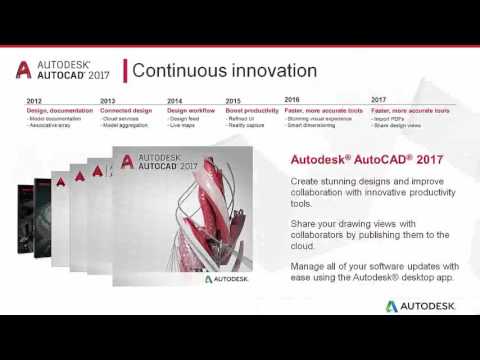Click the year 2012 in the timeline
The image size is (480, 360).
coord(34,101)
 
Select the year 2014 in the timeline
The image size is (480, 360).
coord(175,101)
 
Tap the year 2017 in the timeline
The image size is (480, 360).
coord(378,100)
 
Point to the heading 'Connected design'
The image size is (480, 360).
coord(127,110)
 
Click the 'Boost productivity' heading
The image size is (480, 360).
coord(252,110)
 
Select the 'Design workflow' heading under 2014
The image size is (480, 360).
coord(190,110)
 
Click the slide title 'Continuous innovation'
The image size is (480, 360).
coord(225,70)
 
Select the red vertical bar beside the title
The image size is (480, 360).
coord(123,70)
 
